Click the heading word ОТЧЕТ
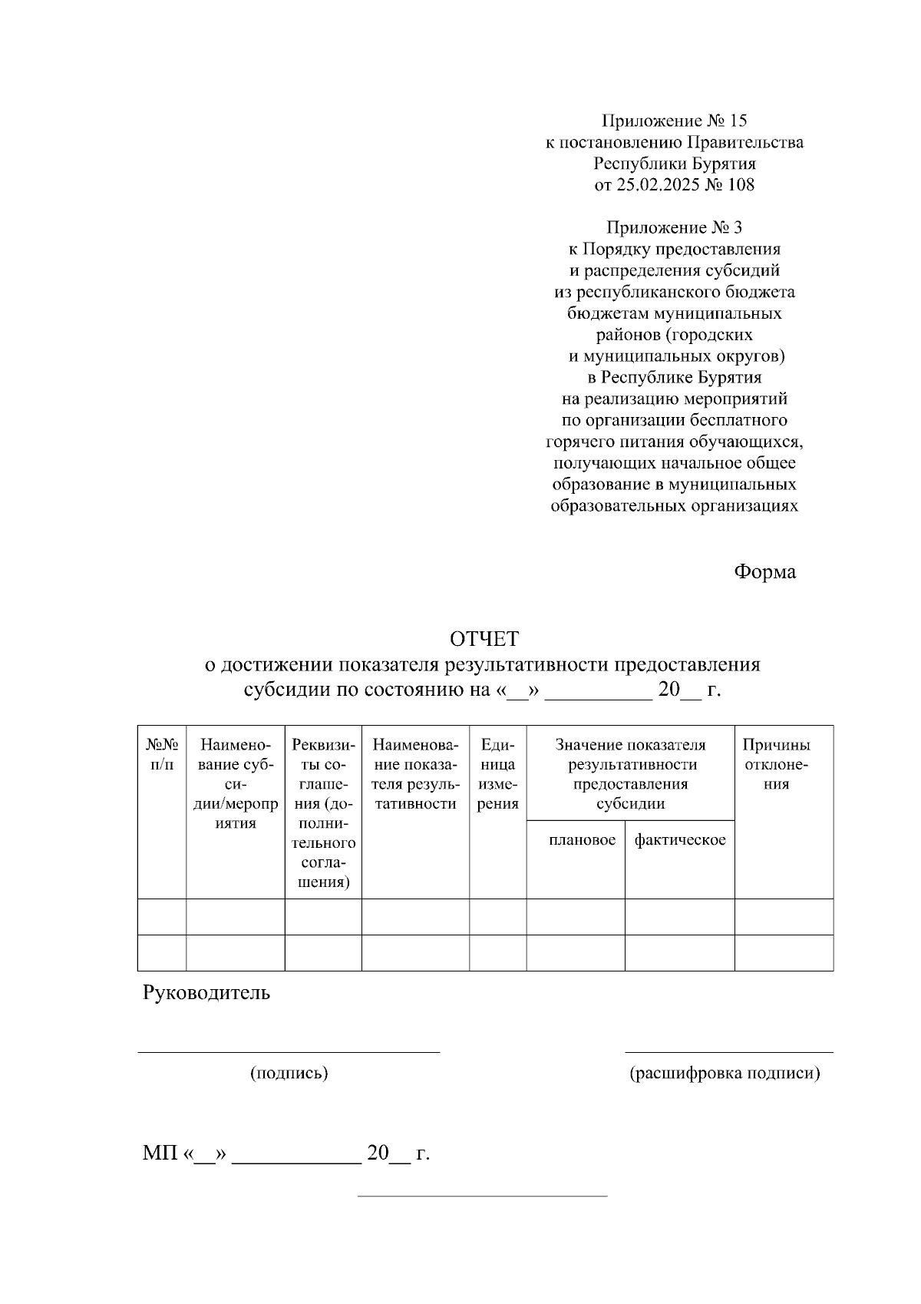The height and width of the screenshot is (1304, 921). pos(484,638)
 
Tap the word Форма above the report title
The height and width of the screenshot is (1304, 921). pos(764,572)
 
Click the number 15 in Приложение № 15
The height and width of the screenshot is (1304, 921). pos(738,121)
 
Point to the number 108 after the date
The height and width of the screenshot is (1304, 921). pos(740,184)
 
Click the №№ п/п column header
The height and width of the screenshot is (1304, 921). pos(162,754)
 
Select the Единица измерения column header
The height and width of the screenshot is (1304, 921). pos(497,774)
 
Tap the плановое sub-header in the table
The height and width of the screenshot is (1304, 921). pos(582,840)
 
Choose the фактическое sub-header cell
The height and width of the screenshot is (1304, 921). pos(679,840)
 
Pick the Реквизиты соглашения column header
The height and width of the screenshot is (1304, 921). pos(323,813)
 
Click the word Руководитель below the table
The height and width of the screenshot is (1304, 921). pos(206,992)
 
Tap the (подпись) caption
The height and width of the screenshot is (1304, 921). pos(289,1074)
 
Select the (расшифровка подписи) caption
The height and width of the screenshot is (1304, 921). pos(725,1074)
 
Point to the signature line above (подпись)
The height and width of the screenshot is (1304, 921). pos(289,1052)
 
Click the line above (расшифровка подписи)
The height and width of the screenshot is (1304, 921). pos(728,1052)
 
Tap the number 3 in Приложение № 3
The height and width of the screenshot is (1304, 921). pos(738,227)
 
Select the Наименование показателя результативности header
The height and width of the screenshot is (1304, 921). pos(414,774)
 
